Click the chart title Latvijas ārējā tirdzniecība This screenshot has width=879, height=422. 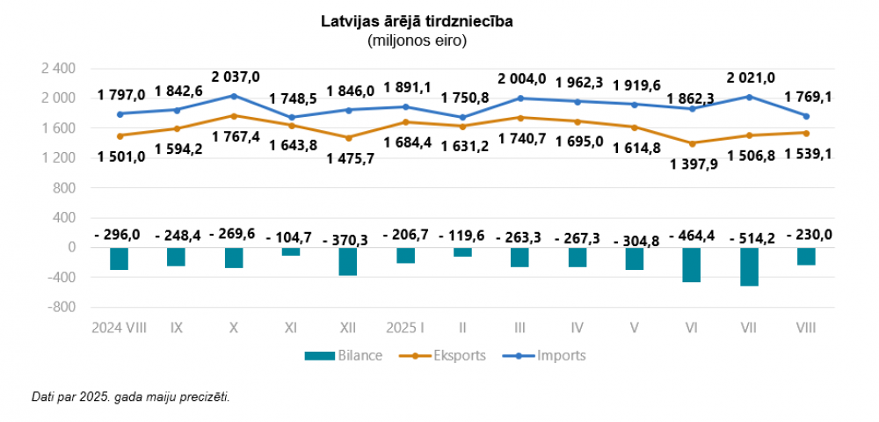click(417, 21)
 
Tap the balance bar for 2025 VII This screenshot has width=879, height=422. click(749, 266)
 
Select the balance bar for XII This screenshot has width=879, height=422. click(348, 261)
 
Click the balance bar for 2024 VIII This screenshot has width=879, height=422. click(119, 258)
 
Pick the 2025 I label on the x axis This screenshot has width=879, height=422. click(405, 328)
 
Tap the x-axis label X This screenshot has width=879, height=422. click(233, 328)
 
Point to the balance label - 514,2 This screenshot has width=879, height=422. click(749, 235)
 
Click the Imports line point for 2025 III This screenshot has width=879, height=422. click(520, 98)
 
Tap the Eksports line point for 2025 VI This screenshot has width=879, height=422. click(692, 143)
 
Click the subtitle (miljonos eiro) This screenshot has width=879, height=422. click(417, 40)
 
